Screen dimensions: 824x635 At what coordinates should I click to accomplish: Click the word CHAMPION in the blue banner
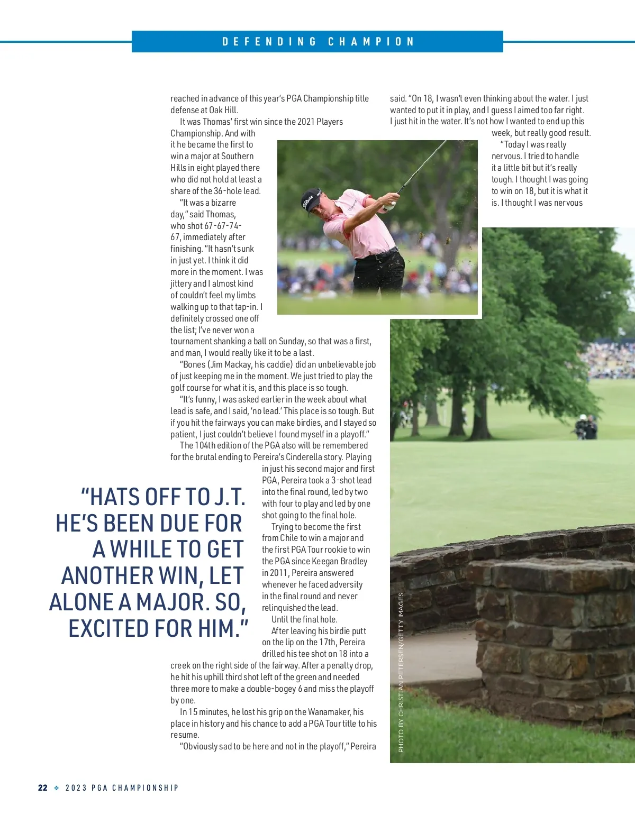371,42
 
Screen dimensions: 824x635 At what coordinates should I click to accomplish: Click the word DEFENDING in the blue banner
269,42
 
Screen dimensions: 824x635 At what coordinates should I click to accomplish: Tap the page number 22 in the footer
43,788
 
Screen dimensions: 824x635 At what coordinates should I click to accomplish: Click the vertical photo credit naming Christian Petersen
401,672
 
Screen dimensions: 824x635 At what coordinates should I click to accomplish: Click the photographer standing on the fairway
586,426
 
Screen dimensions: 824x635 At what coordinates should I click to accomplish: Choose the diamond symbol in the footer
57,788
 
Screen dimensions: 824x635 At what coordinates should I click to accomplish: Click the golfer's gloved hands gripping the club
391,202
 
